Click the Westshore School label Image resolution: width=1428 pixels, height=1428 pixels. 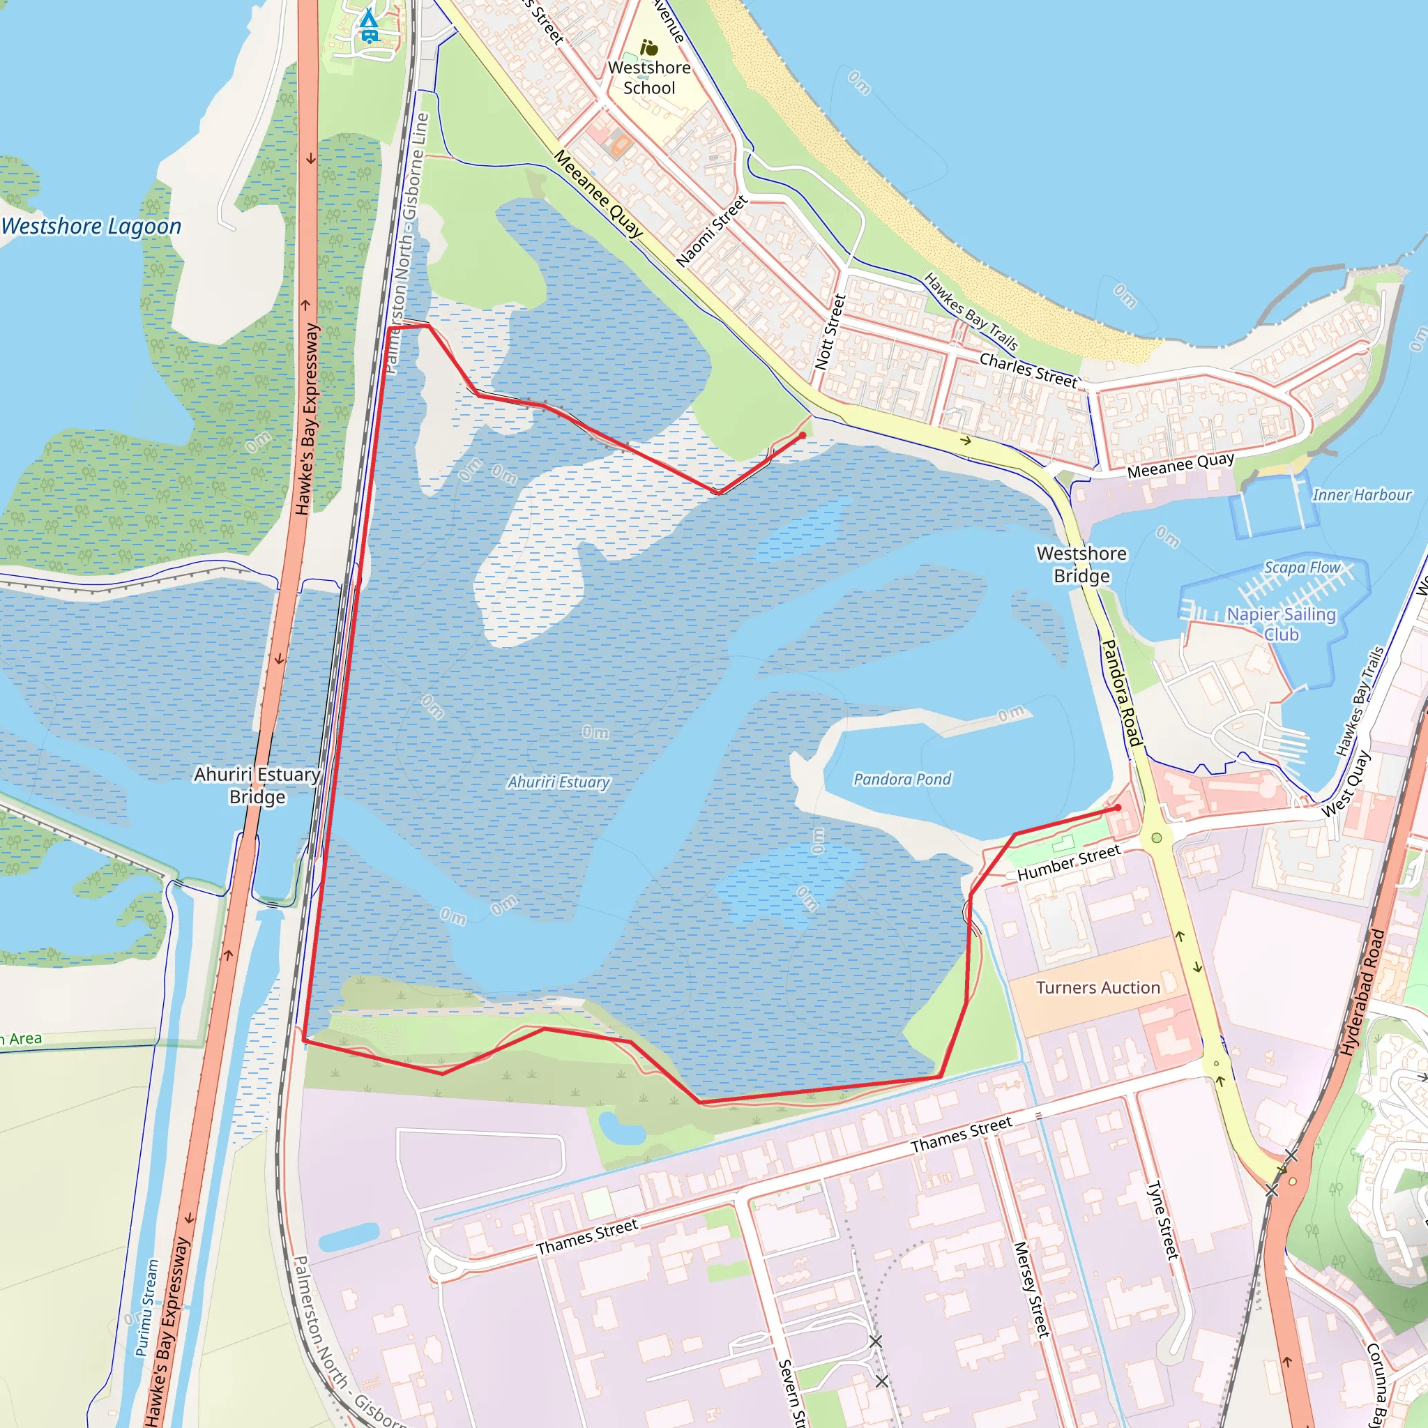(649, 77)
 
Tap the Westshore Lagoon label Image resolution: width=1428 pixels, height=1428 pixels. (91, 226)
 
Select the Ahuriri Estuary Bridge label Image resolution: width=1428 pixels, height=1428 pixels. (257, 785)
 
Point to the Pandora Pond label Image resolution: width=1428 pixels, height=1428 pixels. (902, 779)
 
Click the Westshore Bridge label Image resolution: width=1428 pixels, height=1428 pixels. (1081, 564)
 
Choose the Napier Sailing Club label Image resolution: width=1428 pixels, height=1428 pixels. (1281, 624)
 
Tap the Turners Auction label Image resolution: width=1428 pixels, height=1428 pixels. (1097, 987)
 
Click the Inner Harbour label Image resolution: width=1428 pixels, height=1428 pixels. (1362, 494)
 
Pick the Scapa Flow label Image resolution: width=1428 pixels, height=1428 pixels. (1302, 567)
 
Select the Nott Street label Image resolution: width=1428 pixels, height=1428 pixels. (830, 332)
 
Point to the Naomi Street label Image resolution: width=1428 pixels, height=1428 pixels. (712, 231)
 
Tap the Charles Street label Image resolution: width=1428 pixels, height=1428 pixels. (1028, 370)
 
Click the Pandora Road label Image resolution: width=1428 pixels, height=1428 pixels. (1122, 692)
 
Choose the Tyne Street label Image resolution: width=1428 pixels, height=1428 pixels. (1162, 1220)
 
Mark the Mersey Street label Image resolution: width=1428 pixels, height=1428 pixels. (1031, 1289)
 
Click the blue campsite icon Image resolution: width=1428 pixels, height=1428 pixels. (368, 26)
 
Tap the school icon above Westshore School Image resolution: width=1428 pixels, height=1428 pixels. (649, 48)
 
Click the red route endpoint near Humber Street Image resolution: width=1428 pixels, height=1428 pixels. (1118, 808)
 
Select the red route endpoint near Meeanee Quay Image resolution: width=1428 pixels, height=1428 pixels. (803, 436)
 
